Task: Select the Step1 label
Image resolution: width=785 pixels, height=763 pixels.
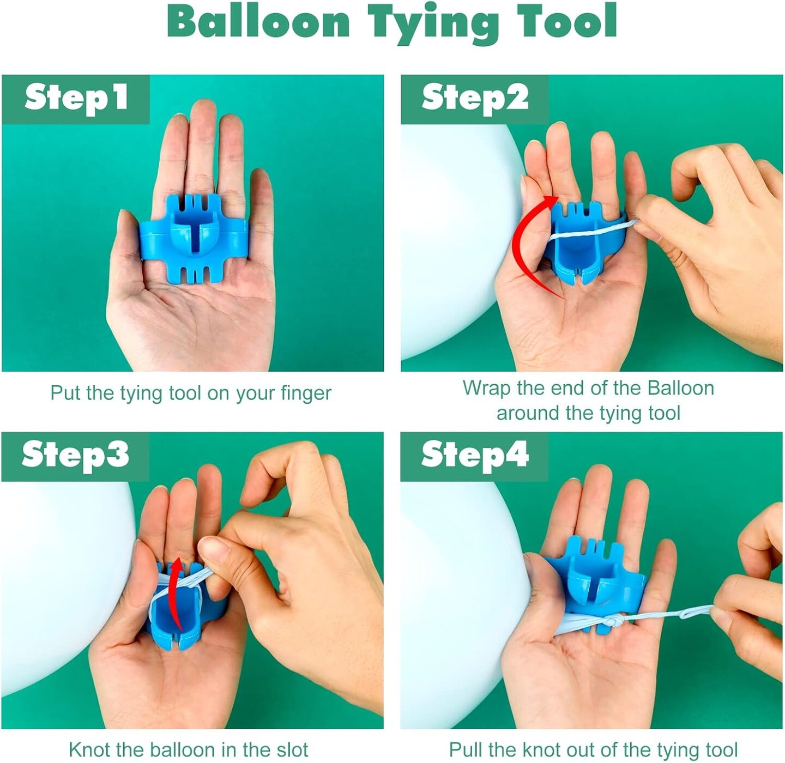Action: tap(76, 99)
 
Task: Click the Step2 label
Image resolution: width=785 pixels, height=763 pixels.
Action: tap(475, 99)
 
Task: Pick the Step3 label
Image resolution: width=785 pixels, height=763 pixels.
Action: tap(75, 455)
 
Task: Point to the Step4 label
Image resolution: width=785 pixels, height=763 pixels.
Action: tap(475, 455)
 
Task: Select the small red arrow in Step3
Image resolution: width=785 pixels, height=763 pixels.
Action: tap(175, 591)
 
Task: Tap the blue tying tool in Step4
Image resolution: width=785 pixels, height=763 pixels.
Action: tap(594, 578)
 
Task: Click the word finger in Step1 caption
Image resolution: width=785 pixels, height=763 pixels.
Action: tap(306, 393)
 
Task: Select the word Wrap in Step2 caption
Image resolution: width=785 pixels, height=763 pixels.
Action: tap(484, 388)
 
